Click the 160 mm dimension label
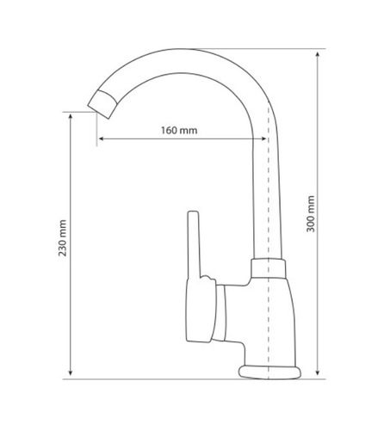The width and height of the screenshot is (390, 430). [x=179, y=131]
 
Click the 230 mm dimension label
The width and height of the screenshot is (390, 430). [x=62, y=237]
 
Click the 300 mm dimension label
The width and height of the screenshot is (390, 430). [x=311, y=214]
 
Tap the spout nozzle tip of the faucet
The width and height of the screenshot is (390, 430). [x=102, y=104]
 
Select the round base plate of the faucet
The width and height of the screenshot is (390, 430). [x=269, y=372]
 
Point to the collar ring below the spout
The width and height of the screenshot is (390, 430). [x=269, y=268]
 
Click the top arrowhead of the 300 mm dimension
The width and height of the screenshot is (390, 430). [x=318, y=55]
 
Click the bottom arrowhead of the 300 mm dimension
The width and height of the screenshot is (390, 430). [x=318, y=372]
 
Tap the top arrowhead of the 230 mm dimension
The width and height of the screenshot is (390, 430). [x=71, y=117]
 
